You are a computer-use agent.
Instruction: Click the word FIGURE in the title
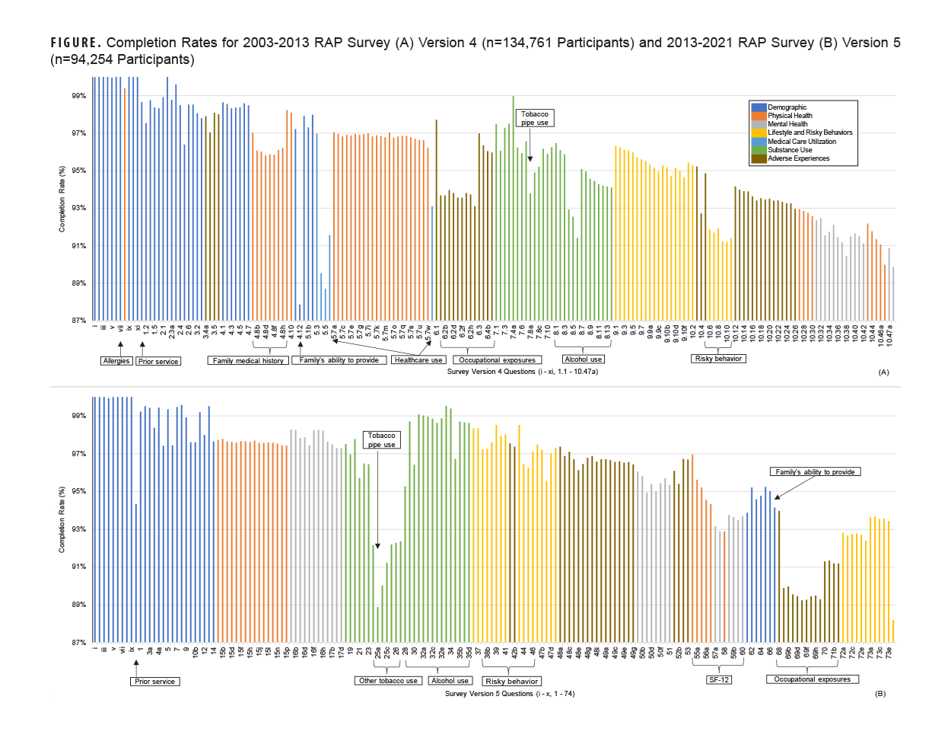[74, 43]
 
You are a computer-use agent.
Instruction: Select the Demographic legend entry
[787, 107]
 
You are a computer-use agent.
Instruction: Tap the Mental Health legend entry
[787, 124]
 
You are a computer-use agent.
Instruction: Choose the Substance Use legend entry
[790, 150]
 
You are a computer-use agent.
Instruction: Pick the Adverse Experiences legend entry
[798, 158]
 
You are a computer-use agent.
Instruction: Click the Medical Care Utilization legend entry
[801, 142]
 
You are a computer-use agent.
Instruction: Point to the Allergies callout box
[116, 361]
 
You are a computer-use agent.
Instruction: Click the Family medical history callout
[248, 361]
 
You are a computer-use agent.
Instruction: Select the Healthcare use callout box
[418, 360]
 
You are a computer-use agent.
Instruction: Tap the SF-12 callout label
[719, 679]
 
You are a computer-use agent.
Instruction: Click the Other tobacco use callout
[389, 681]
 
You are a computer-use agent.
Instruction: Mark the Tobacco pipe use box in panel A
[534, 118]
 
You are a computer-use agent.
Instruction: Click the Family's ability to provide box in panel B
[815, 472]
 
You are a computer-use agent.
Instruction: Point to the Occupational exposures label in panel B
[812, 679]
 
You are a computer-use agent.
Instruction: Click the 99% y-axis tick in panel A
[78, 96]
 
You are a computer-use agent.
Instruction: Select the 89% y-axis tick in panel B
[78, 605]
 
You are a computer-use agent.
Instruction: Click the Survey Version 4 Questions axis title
[522, 372]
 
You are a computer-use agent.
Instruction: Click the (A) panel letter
[883, 372]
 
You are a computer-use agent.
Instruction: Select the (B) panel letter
[880, 694]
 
